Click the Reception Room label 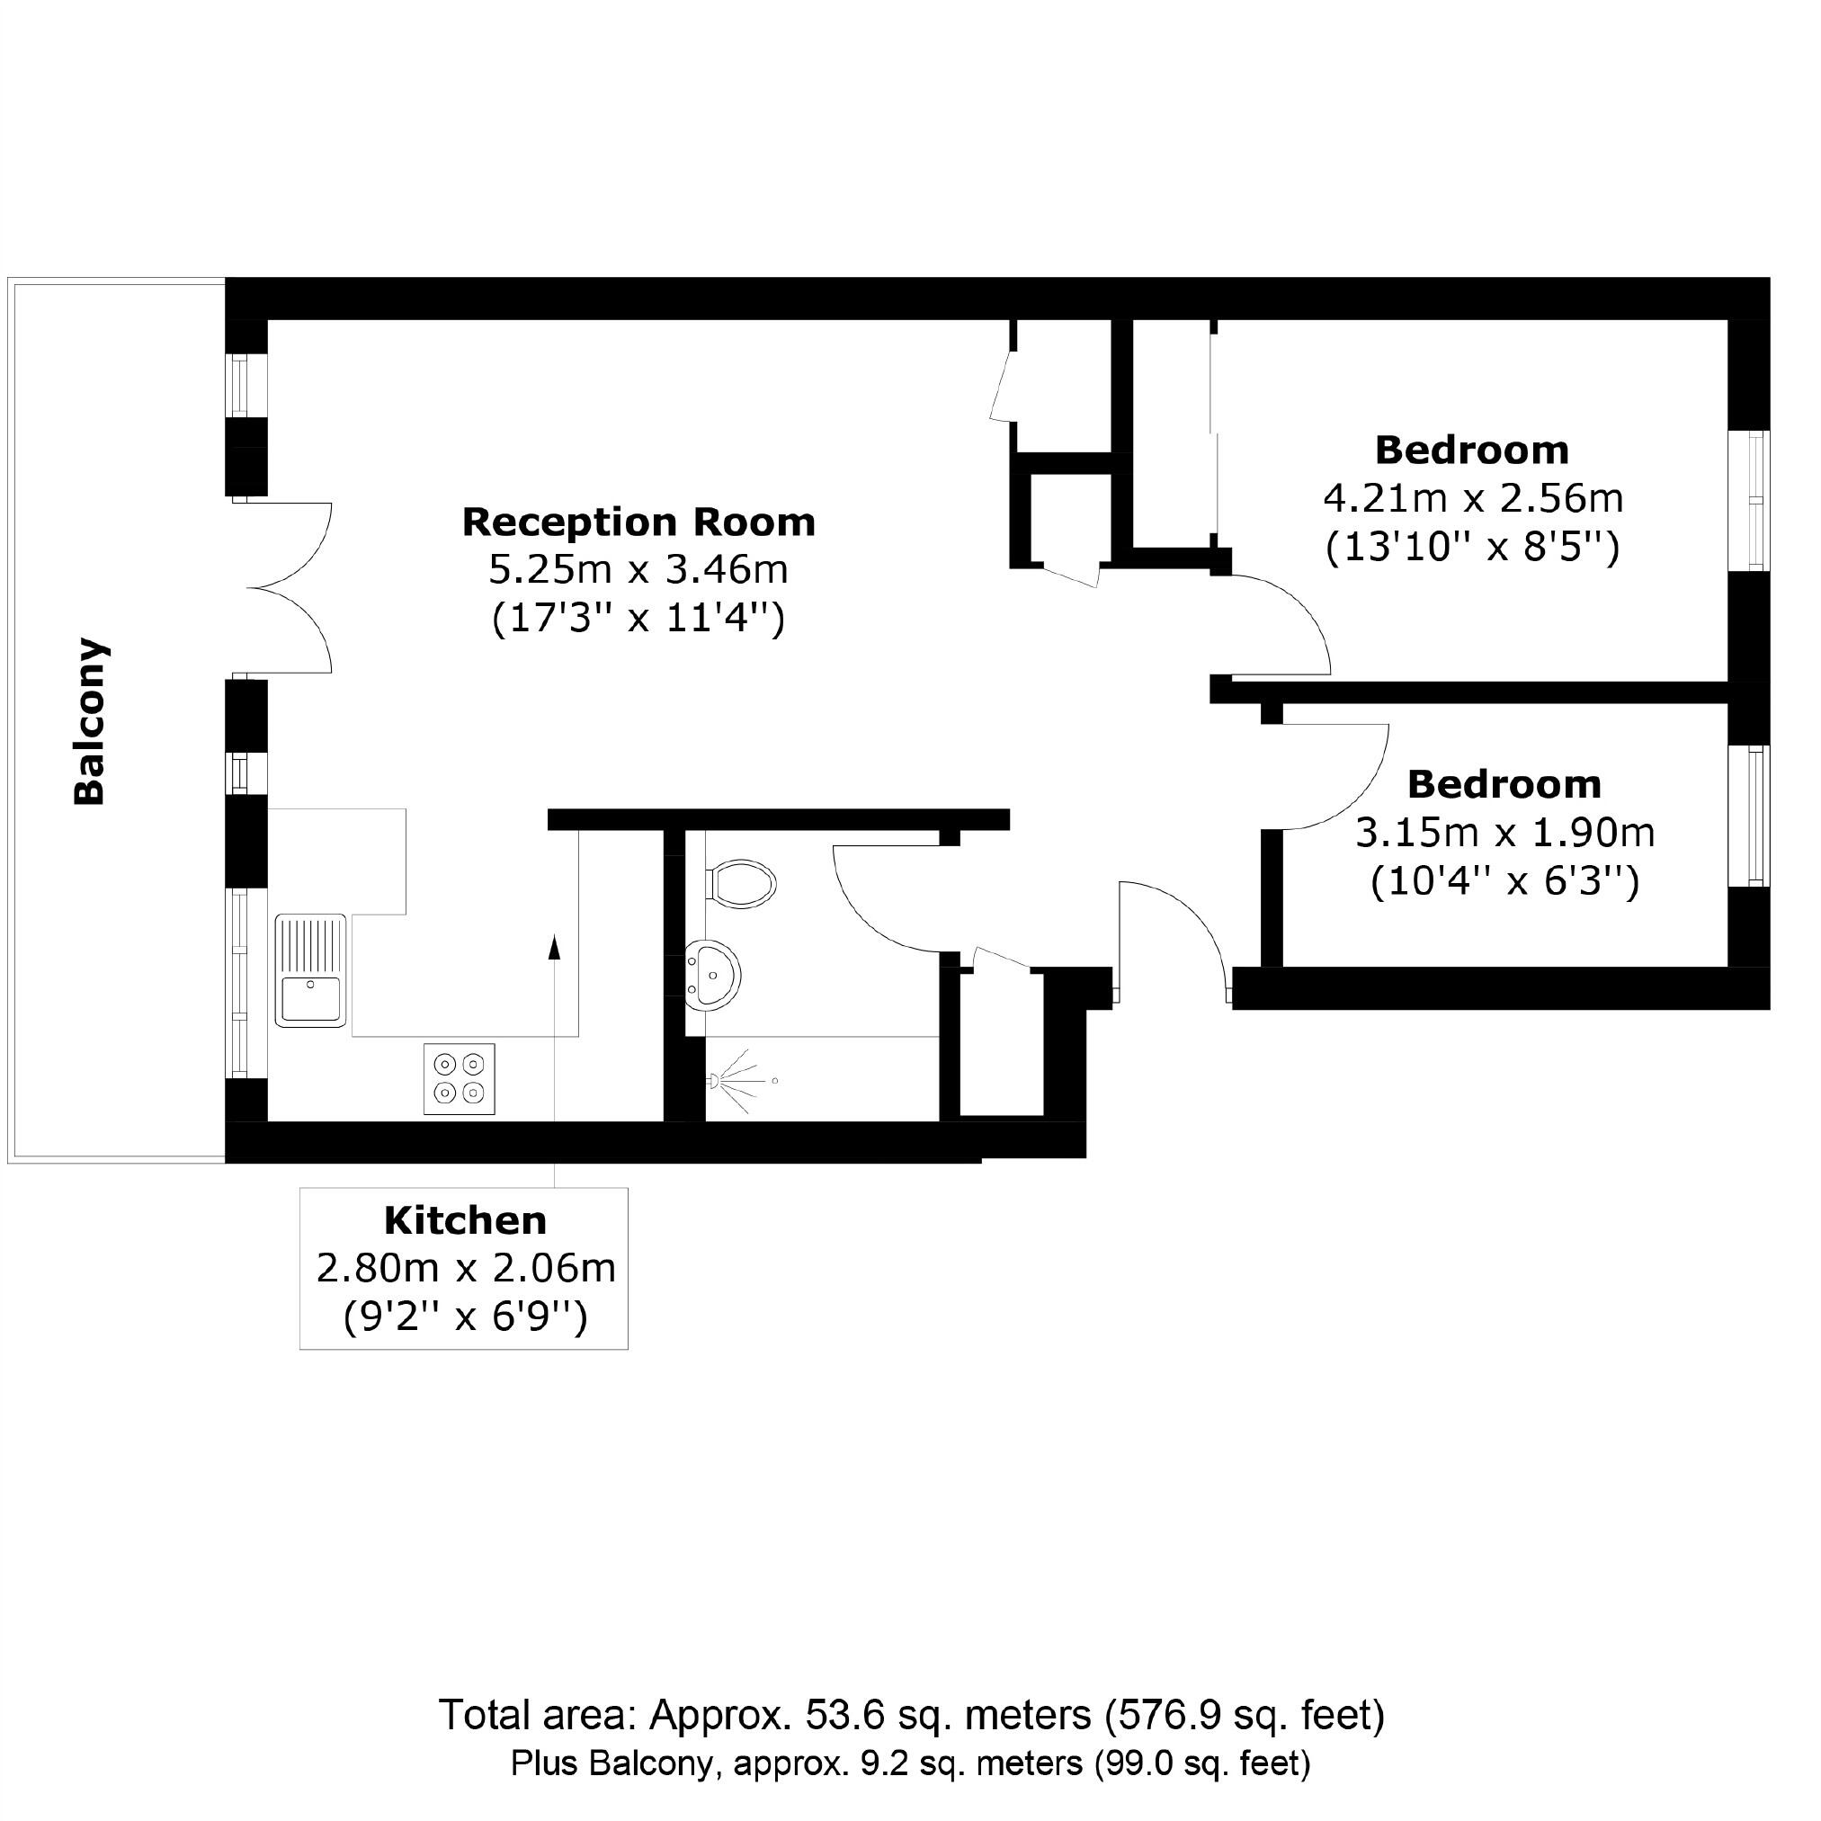coord(638,522)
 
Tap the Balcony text coord(90,722)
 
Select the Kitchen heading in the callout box coord(465,1220)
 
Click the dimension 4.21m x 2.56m coord(1472,498)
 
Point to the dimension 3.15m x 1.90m coord(1504,834)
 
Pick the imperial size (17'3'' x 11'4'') coord(638,620)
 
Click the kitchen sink coord(311,970)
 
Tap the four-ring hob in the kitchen coord(459,1078)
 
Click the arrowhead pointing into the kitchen coord(554,946)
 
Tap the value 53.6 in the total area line coord(845,1715)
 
